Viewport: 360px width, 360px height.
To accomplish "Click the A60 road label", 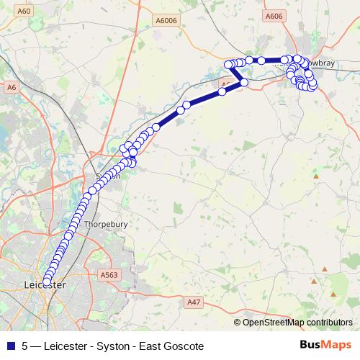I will (25, 12).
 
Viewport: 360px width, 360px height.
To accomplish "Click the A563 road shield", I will (109, 274).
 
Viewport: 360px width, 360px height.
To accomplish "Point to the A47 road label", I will (193, 303).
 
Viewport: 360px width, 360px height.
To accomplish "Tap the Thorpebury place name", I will (106, 224).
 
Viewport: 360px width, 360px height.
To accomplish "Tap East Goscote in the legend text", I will (171, 346).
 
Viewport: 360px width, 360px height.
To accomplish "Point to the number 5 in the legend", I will (24, 346).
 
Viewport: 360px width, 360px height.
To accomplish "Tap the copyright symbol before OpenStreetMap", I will (238, 323).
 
